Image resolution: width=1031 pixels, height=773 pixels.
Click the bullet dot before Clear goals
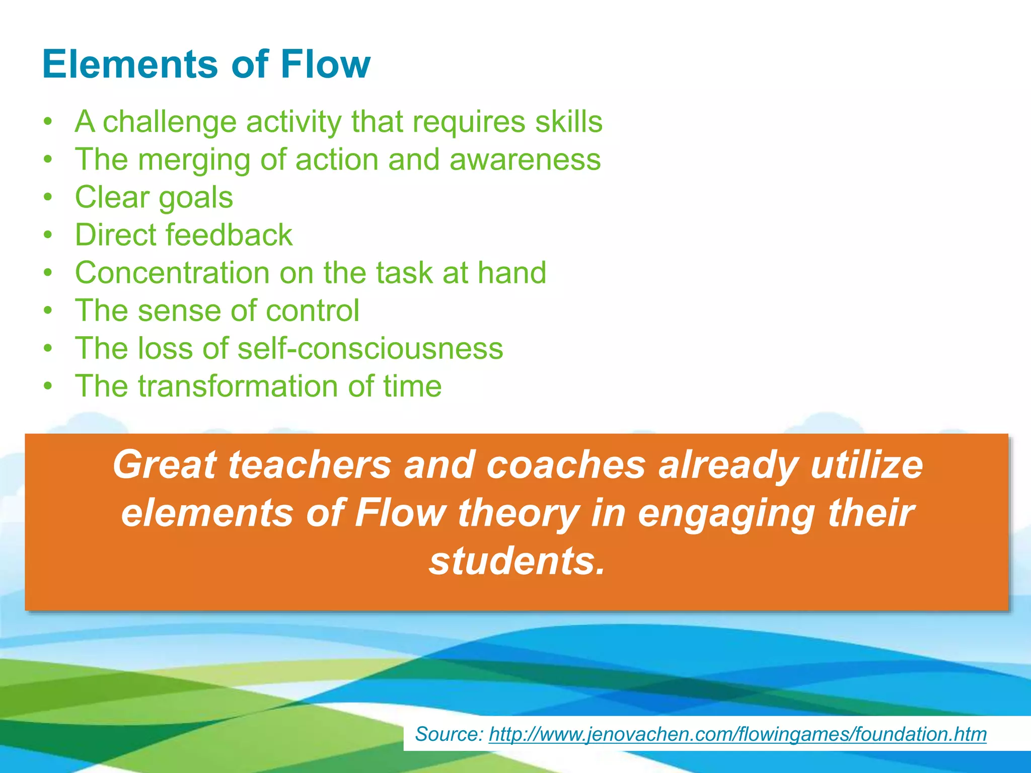tap(48, 197)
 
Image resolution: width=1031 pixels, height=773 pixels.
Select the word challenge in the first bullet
tap(170, 122)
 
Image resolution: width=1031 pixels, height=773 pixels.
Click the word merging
tap(194, 160)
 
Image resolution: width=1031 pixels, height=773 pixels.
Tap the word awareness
tap(525, 160)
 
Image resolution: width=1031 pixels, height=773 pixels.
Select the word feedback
tap(229, 235)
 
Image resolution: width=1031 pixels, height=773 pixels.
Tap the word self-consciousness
tap(370, 348)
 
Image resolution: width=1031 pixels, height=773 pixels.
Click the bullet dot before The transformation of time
tap(48, 386)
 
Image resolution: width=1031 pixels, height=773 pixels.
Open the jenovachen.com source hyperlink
tap(738, 734)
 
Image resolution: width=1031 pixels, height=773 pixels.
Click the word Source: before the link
tap(449, 734)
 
